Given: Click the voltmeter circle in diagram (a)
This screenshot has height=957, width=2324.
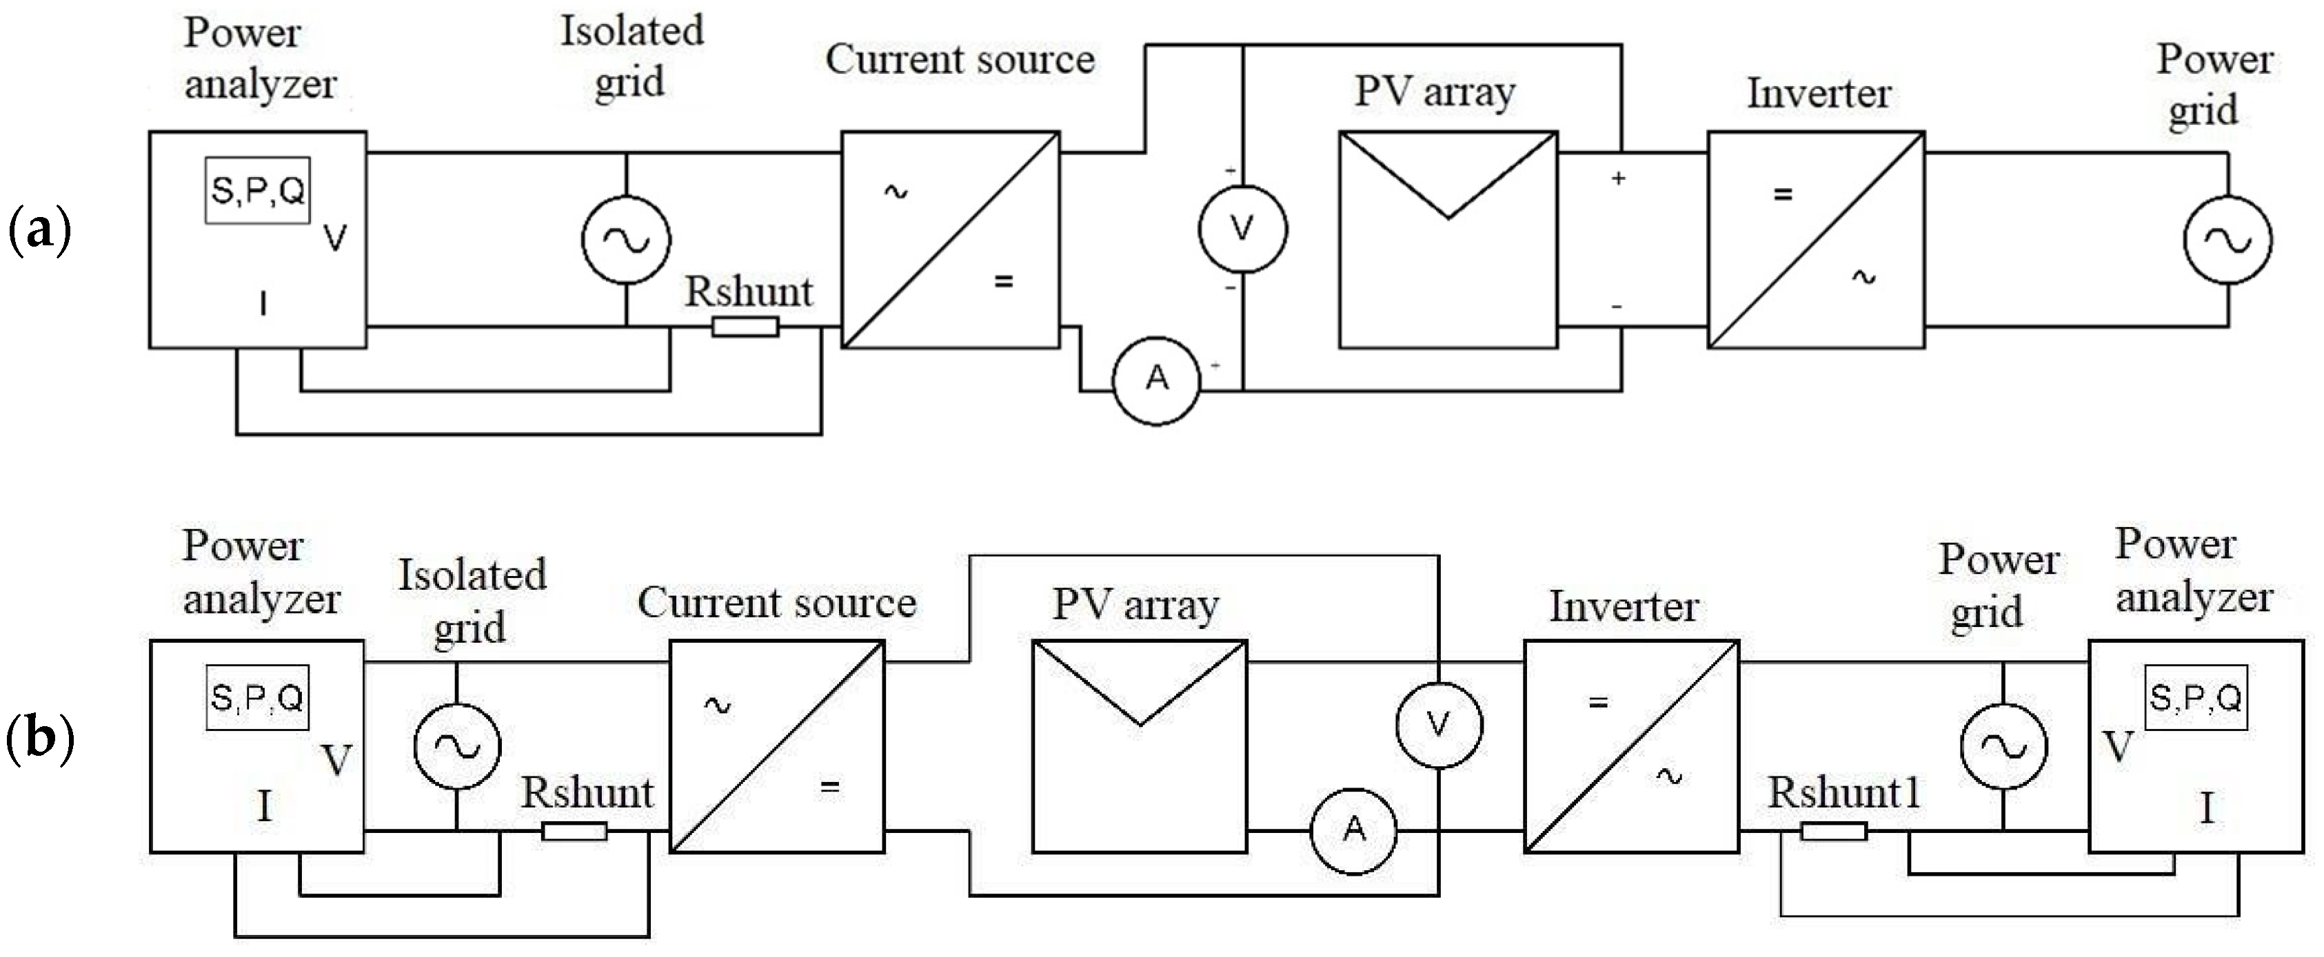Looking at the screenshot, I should coord(1242,229).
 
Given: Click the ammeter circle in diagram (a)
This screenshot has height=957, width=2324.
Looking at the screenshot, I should coord(1157,379).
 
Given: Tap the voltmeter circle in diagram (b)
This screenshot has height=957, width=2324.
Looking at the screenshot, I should coord(1438,723).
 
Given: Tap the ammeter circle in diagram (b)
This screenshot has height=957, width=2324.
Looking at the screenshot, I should coord(1353,830).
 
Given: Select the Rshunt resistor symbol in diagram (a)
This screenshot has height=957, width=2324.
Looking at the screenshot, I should coord(745,327).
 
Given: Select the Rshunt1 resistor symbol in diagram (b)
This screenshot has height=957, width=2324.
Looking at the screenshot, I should coord(1833,832).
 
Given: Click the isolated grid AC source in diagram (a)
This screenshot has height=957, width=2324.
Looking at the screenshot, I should coord(626,239).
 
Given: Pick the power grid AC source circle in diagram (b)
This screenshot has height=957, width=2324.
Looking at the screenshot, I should coord(2003,746).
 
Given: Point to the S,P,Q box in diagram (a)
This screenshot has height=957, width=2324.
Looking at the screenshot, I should coord(258,190).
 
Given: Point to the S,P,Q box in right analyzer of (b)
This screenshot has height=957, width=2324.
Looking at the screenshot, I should coord(2195,697).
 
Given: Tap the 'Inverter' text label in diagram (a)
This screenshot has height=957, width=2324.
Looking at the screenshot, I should coord(1819,94).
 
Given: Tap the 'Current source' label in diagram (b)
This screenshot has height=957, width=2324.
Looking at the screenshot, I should coord(777,603).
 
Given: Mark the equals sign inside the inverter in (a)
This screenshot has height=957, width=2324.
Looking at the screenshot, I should coord(1783,194).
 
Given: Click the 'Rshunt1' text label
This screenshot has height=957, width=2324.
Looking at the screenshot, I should coord(1843,794).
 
